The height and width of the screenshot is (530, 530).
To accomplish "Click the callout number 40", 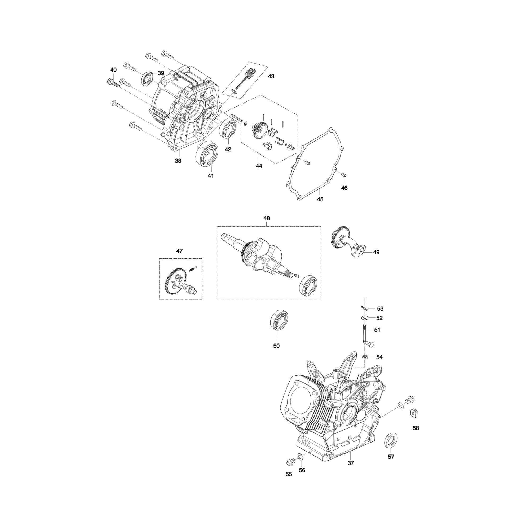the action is click(x=113, y=70).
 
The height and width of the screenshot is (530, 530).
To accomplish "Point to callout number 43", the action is click(x=271, y=76).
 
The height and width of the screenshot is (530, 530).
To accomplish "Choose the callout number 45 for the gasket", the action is click(x=320, y=200).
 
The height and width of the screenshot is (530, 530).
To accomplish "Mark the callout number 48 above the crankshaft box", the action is click(x=267, y=218).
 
